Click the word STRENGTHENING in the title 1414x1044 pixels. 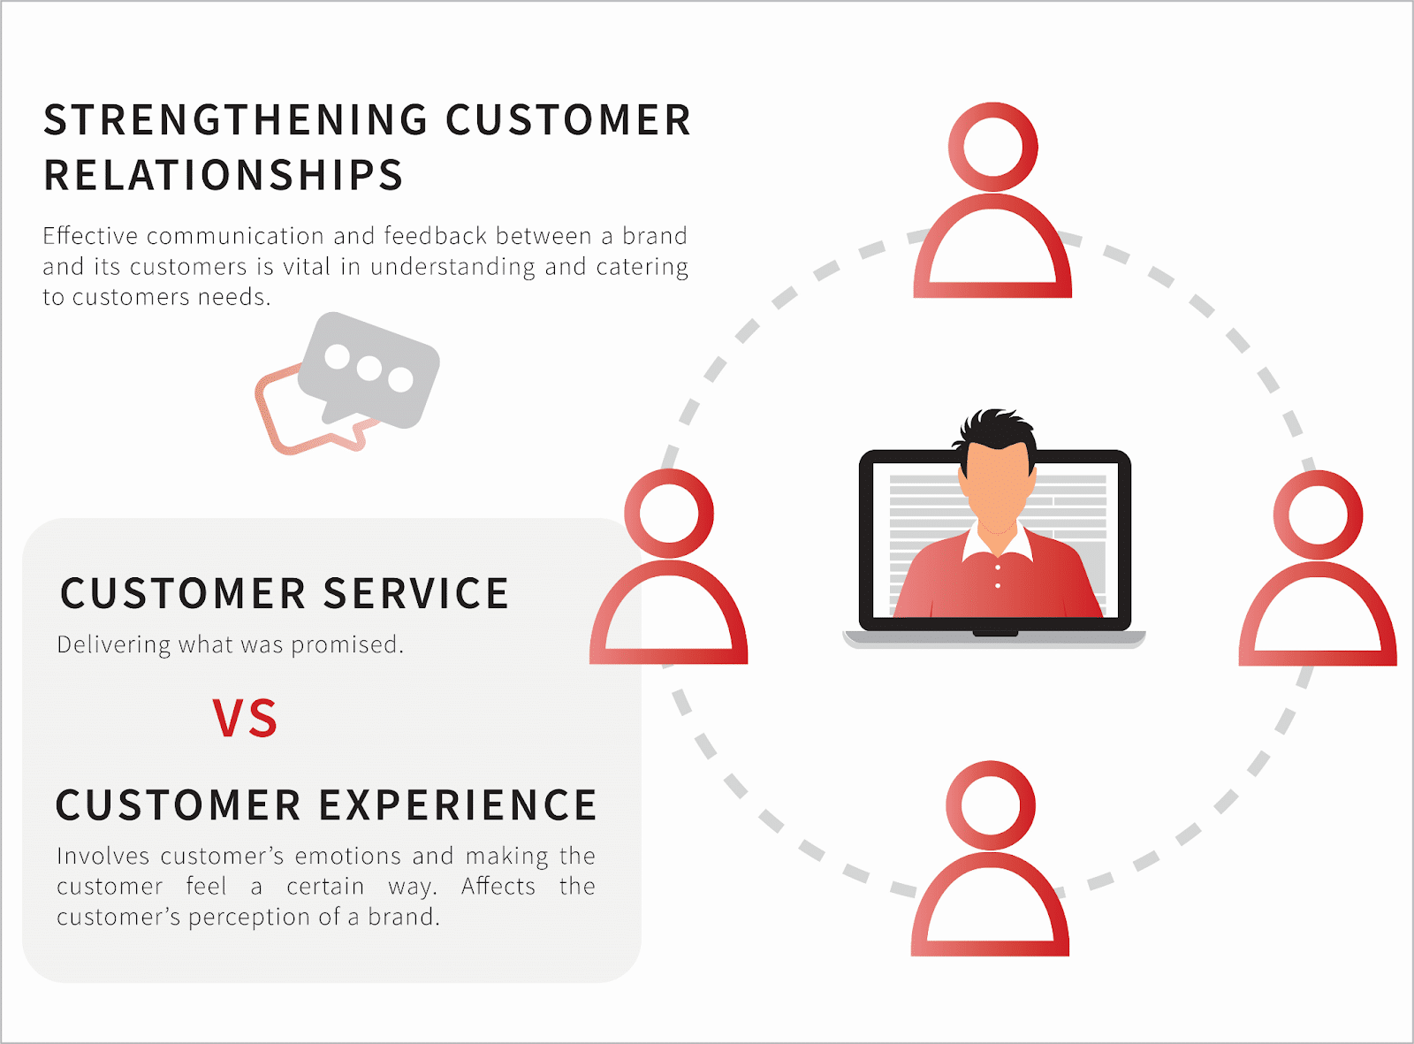(236, 120)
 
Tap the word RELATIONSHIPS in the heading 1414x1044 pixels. (224, 175)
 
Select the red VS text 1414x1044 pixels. (245, 718)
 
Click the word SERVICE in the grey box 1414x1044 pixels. (416, 593)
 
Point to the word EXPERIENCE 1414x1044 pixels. (458, 804)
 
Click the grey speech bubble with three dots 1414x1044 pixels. (369, 370)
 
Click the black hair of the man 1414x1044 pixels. (996, 429)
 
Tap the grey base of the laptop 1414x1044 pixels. (994, 640)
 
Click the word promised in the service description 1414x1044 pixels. (347, 645)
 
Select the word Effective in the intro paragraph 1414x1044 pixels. (90, 235)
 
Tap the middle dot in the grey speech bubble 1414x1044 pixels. (369, 369)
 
